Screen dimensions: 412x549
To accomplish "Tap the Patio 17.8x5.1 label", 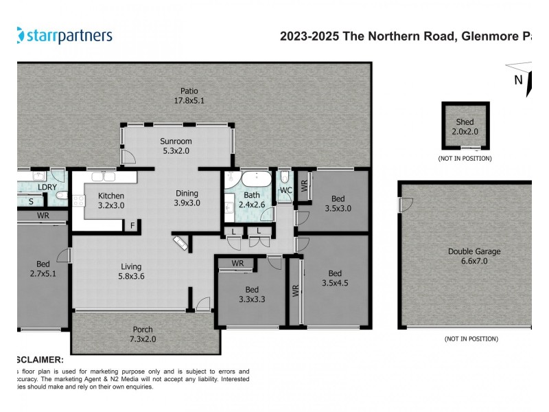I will [x=189, y=95].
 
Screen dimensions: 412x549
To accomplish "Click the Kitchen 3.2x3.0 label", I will [x=110, y=200].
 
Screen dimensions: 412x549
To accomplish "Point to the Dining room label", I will [x=187, y=198].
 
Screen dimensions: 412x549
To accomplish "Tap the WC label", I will [x=285, y=190].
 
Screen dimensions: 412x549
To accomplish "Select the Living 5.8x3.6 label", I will [x=130, y=271].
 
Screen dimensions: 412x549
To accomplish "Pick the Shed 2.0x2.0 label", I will [x=465, y=126].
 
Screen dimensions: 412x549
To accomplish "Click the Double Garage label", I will [x=474, y=256].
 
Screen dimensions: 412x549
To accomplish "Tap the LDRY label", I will [x=47, y=186].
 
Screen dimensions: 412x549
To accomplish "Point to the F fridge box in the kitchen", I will [x=132, y=225].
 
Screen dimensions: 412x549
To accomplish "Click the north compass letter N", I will [x=519, y=79].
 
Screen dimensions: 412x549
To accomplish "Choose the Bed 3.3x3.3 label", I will [x=252, y=294].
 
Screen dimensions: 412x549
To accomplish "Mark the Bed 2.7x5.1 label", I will [x=43, y=268].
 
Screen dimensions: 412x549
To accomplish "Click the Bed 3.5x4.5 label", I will [x=335, y=277].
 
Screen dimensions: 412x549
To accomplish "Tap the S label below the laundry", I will [x=31, y=201].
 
